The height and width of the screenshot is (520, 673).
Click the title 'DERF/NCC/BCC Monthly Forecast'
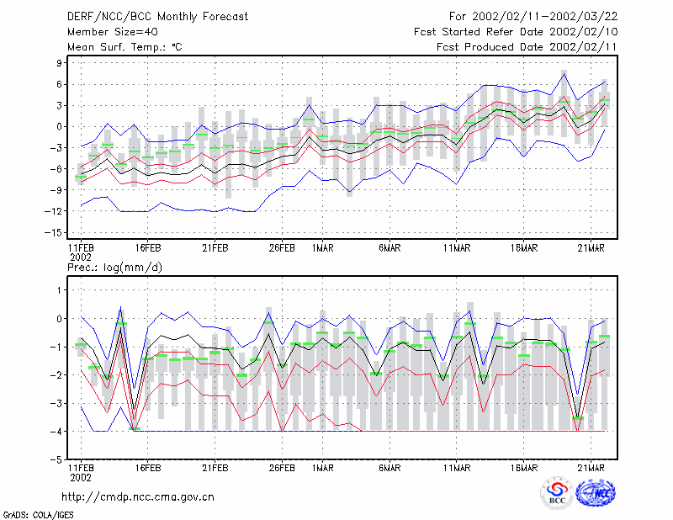pos(157,17)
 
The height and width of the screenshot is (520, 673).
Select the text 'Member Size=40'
pos(113,32)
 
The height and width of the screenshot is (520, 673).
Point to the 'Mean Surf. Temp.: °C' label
pos(125,47)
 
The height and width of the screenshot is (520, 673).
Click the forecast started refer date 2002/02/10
pos(583,32)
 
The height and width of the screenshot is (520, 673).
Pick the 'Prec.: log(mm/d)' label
pos(114,268)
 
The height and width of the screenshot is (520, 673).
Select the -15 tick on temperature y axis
pos(53,233)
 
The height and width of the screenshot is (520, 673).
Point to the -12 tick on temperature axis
pos(53,211)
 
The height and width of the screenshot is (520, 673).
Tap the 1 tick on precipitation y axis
pos(59,290)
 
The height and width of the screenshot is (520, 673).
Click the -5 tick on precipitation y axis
pos(56,459)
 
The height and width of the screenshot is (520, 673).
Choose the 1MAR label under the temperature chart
pos(323,248)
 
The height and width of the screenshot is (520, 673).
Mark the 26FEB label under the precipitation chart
pos(282,468)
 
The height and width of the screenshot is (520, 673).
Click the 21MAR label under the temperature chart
pos(591,248)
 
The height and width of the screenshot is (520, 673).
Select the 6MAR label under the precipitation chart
pos(389,468)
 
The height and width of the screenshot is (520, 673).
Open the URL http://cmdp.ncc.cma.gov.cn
pos(138,497)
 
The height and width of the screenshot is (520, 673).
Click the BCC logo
pos(557,493)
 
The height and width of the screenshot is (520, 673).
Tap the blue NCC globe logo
pos(596,493)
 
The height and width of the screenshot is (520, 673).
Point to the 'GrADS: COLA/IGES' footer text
pos(38,515)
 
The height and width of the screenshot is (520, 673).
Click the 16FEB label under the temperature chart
pos(148,248)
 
